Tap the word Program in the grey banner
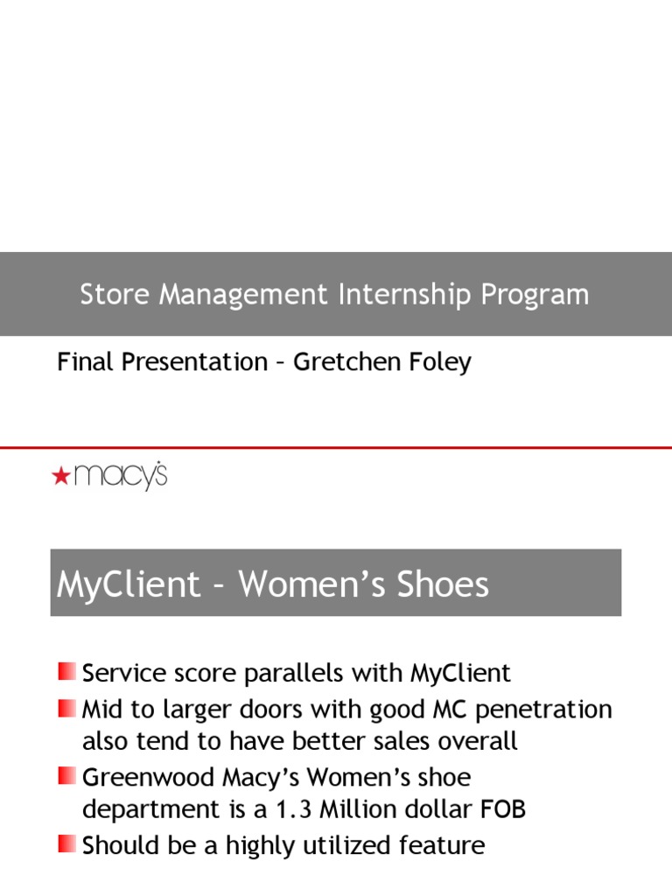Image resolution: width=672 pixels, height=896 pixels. coord(535,295)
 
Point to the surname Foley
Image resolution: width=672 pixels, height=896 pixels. coord(439,362)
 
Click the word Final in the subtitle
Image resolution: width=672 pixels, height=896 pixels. coord(86,362)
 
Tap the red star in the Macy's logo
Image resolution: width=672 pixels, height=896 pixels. coord(60,476)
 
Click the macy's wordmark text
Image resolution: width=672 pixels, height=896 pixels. coord(120,476)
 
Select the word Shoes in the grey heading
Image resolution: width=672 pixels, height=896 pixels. coord(442,584)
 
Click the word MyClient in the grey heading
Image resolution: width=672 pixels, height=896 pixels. coord(129,584)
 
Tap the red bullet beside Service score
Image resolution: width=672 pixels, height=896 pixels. coord(67,671)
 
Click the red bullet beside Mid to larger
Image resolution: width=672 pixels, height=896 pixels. coord(67,707)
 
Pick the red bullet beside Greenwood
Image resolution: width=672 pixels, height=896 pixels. coord(67,775)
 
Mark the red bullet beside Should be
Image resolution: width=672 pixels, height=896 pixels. coord(67,843)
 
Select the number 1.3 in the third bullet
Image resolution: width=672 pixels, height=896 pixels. coord(295,810)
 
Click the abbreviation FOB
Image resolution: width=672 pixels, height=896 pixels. coord(502,810)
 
